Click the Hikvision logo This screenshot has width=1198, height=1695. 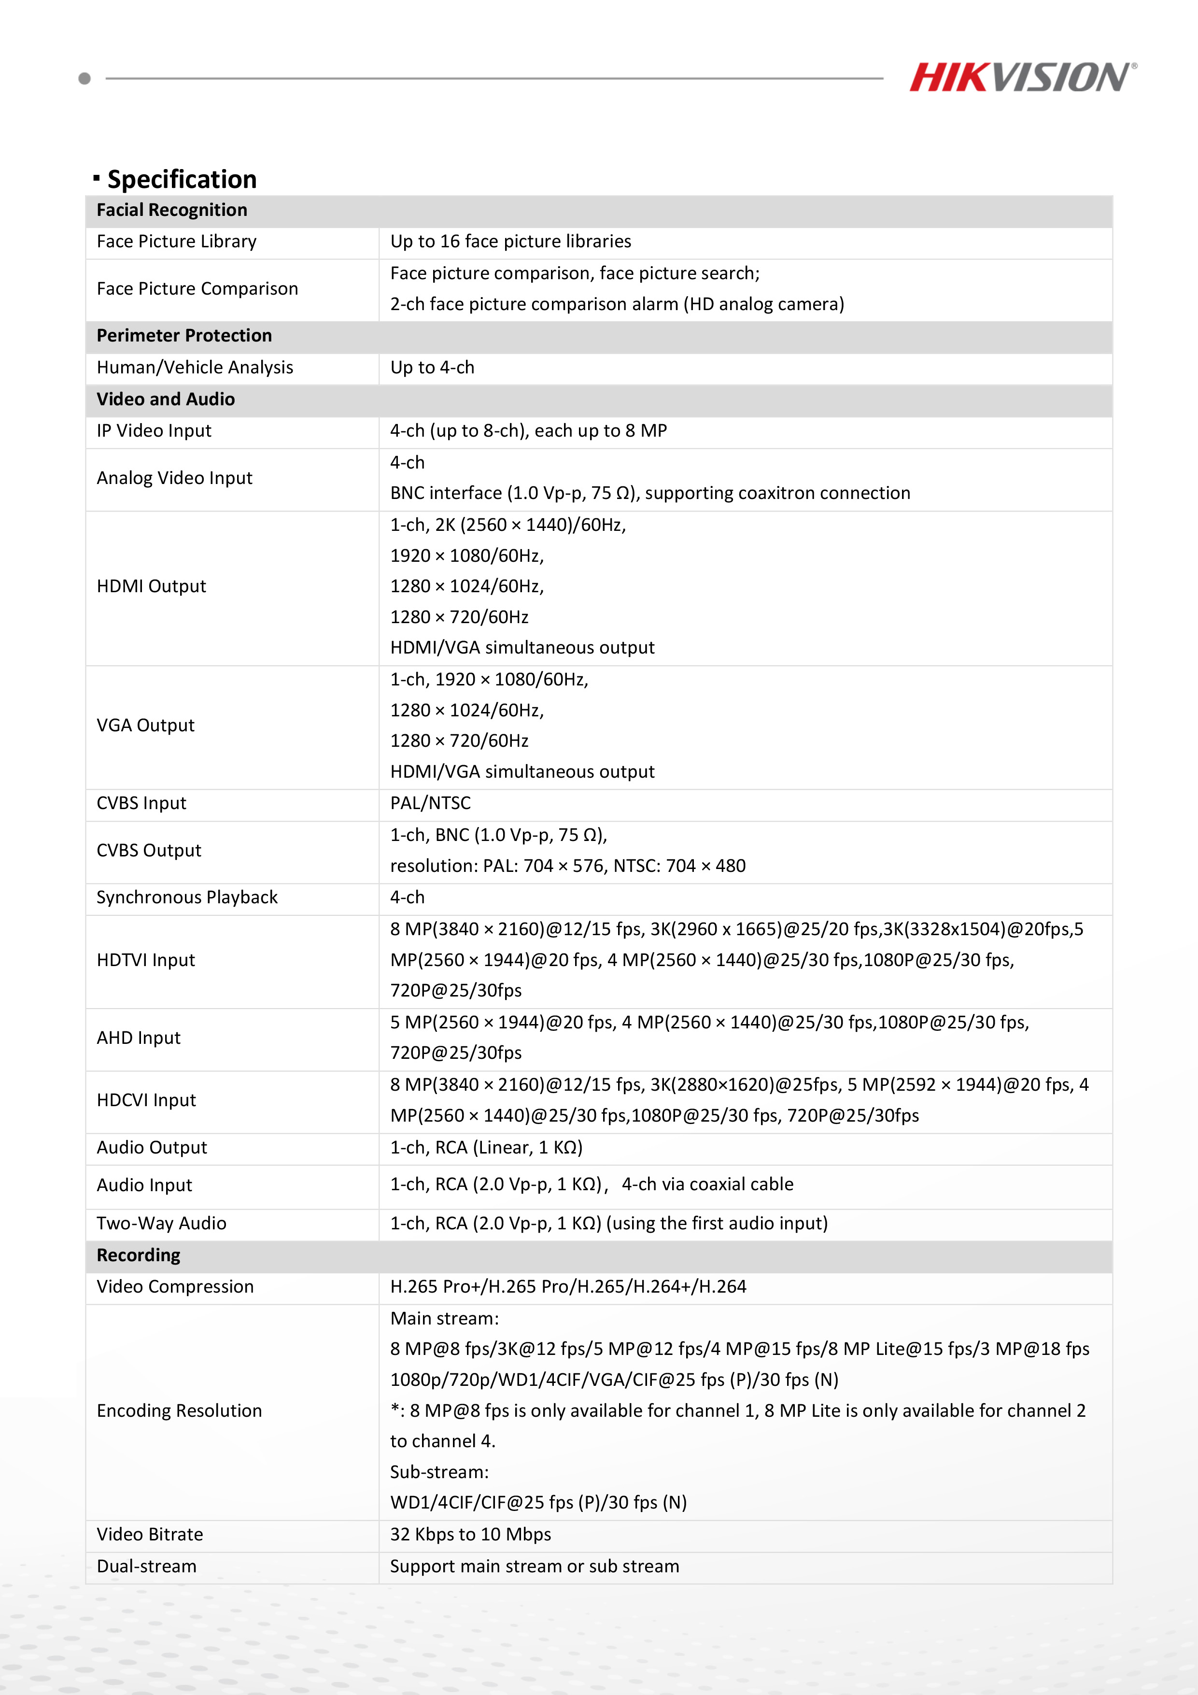tap(1022, 77)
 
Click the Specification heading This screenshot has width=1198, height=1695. tap(182, 179)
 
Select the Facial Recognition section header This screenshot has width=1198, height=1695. tap(172, 211)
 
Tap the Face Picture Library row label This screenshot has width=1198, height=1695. tap(176, 242)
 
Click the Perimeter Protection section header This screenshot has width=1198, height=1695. tap(184, 336)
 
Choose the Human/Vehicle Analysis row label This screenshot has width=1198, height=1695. tap(195, 368)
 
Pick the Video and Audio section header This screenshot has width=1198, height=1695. tap(165, 399)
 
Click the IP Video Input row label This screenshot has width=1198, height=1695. tap(154, 431)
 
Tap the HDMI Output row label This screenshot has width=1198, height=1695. tap(151, 586)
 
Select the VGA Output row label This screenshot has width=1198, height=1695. tap(145, 726)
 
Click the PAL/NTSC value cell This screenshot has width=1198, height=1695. tap(430, 803)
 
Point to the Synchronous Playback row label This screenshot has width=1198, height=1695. tap(187, 897)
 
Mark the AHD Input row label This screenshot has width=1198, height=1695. tap(139, 1038)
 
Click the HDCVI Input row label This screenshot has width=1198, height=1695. tap(146, 1101)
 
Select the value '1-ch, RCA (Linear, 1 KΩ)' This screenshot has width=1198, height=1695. tap(486, 1148)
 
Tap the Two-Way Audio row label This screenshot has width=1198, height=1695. tap(161, 1224)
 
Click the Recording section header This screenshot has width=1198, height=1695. tap(138, 1256)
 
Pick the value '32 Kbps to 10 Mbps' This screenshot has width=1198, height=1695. tap(470, 1535)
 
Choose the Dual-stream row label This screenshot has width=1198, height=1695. tap(146, 1567)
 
